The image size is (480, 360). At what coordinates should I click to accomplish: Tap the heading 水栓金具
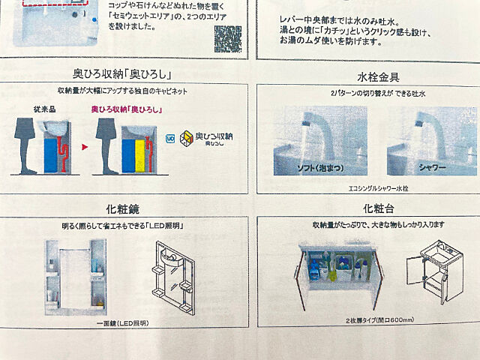(367, 77)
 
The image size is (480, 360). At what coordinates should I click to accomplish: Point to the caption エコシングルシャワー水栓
(367, 189)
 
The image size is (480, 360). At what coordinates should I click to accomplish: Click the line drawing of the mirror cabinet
(174, 277)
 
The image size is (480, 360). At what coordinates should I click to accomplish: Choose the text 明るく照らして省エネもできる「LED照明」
(124, 225)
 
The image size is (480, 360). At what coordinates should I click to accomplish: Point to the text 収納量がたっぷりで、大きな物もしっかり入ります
(368, 224)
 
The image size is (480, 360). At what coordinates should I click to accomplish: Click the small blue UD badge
(170, 137)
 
